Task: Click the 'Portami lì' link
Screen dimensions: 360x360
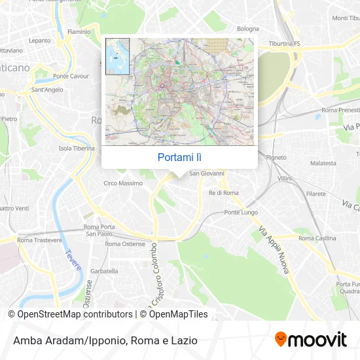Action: [x=179, y=157]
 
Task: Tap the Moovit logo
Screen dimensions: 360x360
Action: [x=310, y=340]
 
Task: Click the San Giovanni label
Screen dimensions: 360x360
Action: [x=207, y=173]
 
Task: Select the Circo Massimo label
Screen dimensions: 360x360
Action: [x=123, y=183]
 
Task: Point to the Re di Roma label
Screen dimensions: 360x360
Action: [x=223, y=193]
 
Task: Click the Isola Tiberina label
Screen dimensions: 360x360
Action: [x=78, y=148]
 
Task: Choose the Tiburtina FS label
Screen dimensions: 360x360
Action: [x=284, y=44]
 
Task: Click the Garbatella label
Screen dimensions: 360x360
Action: [x=104, y=270]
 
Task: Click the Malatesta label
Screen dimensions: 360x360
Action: [x=323, y=163]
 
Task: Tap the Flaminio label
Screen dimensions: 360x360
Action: [x=79, y=31]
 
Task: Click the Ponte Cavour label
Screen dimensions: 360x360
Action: [x=75, y=76]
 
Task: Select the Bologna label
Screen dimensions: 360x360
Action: [x=248, y=29]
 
